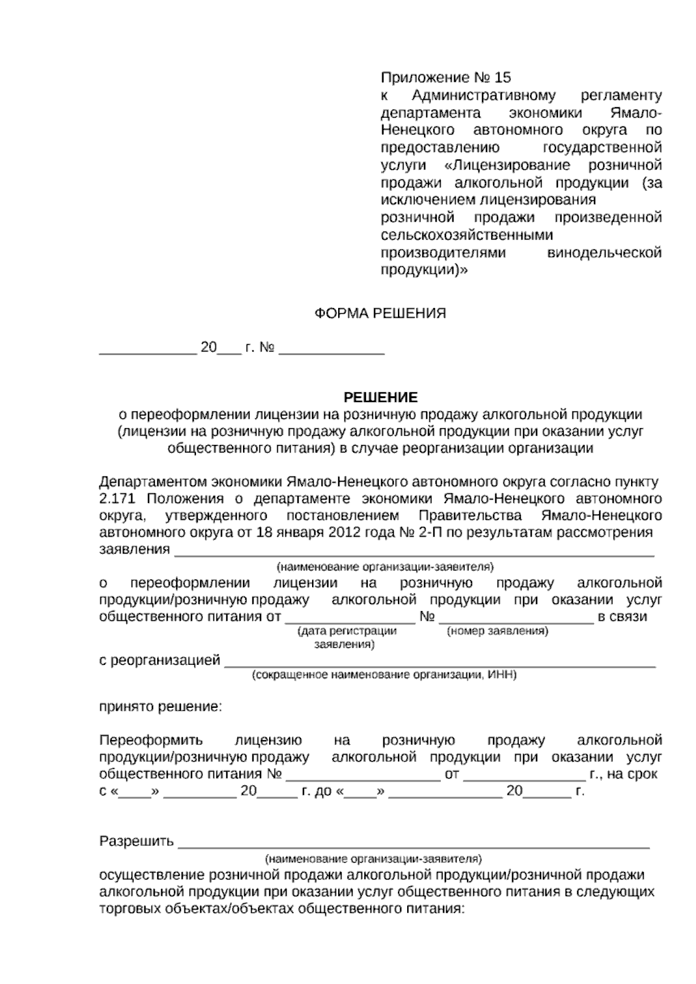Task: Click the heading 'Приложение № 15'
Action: (x=445, y=77)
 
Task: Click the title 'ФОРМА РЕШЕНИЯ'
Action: (x=380, y=314)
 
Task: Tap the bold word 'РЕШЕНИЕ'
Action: (x=380, y=397)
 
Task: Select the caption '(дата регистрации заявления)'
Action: (x=346, y=637)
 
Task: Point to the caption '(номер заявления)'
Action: (x=497, y=631)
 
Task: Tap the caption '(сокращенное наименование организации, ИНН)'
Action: (x=384, y=675)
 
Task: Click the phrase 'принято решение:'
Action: (x=161, y=707)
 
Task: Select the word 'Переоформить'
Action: (x=151, y=740)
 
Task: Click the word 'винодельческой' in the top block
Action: (x=604, y=253)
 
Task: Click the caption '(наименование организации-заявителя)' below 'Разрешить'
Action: (x=373, y=858)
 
